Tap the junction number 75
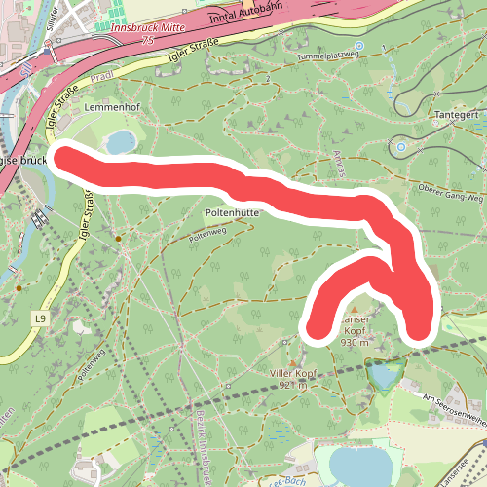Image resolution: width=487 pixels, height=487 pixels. [x=147, y=42]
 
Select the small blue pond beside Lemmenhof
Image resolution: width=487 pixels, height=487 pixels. [x=121, y=142]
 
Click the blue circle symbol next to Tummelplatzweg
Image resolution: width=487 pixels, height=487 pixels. [x=358, y=46]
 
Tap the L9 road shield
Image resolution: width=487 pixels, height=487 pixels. [x=40, y=318]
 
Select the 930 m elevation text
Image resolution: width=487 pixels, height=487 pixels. [x=355, y=342]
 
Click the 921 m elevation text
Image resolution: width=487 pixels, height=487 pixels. [x=292, y=386]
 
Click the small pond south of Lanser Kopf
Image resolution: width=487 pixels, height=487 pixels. [x=386, y=374]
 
